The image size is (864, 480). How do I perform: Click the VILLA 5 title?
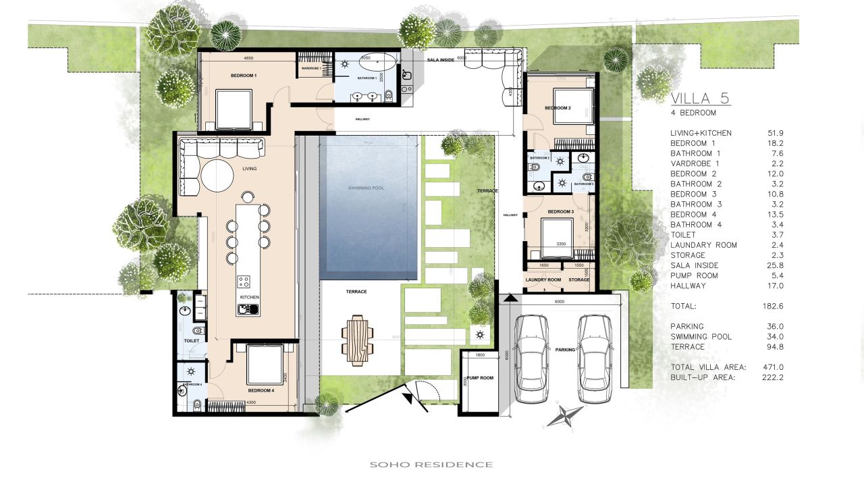pos(700,99)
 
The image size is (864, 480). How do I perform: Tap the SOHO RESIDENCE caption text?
pos(431,464)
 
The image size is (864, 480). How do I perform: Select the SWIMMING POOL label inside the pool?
pos(366,188)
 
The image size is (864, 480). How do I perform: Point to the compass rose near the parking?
pos(565,416)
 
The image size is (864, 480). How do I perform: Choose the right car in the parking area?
pos(595,358)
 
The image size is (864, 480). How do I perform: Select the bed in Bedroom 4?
pos(265,364)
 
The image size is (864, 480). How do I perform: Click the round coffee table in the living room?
pos(216,177)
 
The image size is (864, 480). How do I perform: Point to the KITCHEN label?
pos(249,297)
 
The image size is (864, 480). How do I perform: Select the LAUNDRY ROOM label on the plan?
pos(543,279)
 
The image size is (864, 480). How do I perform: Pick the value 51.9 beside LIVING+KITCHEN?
pos(774,133)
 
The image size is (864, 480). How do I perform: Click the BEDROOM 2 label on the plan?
pos(558,108)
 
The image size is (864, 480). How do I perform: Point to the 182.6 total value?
pos(773,306)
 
